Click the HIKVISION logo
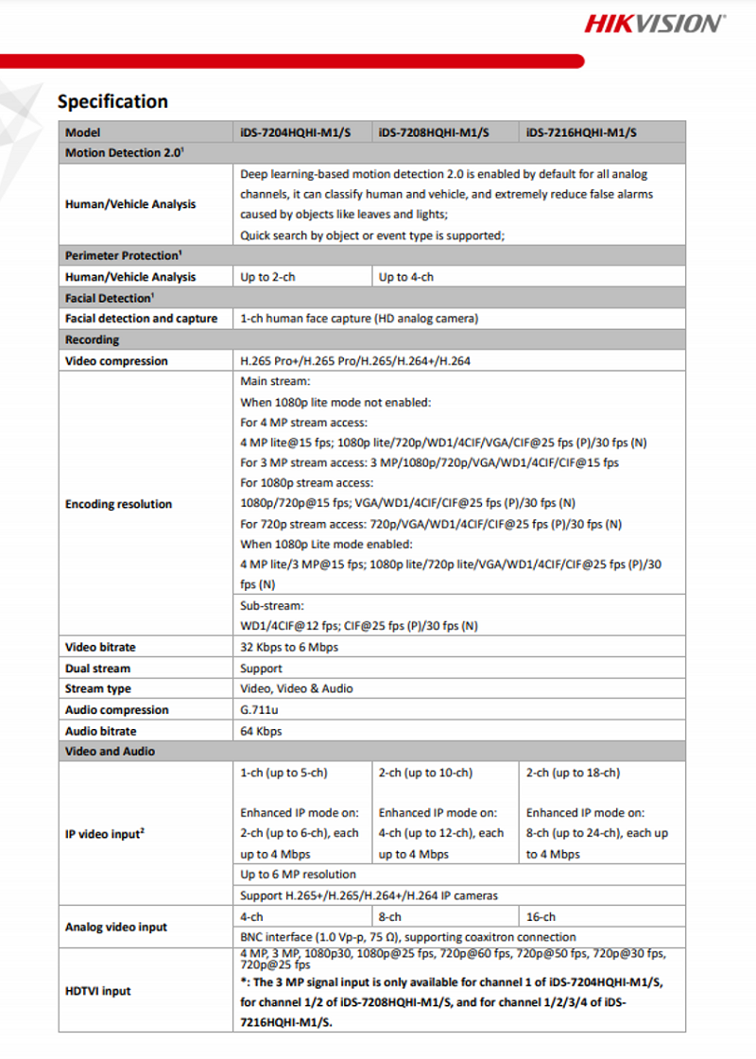pos(654,24)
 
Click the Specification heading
pos(112,101)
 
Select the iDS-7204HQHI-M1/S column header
pos(295,132)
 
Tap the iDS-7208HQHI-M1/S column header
pos(433,132)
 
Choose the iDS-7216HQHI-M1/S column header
pos(581,132)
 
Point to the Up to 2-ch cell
pos(266,277)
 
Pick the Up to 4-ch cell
pos(406,277)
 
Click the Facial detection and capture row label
pos(141,319)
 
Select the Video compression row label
pos(116,361)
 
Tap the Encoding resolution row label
pos(118,504)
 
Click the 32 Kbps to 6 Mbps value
pos(289,648)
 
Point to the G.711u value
pos(259,710)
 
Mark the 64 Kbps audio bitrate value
pos(261,731)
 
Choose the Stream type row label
pos(98,689)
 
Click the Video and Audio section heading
pos(110,752)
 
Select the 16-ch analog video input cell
pos(541,916)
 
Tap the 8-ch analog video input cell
pos(389,916)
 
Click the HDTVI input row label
pos(98,991)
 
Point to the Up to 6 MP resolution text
pos(298,875)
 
